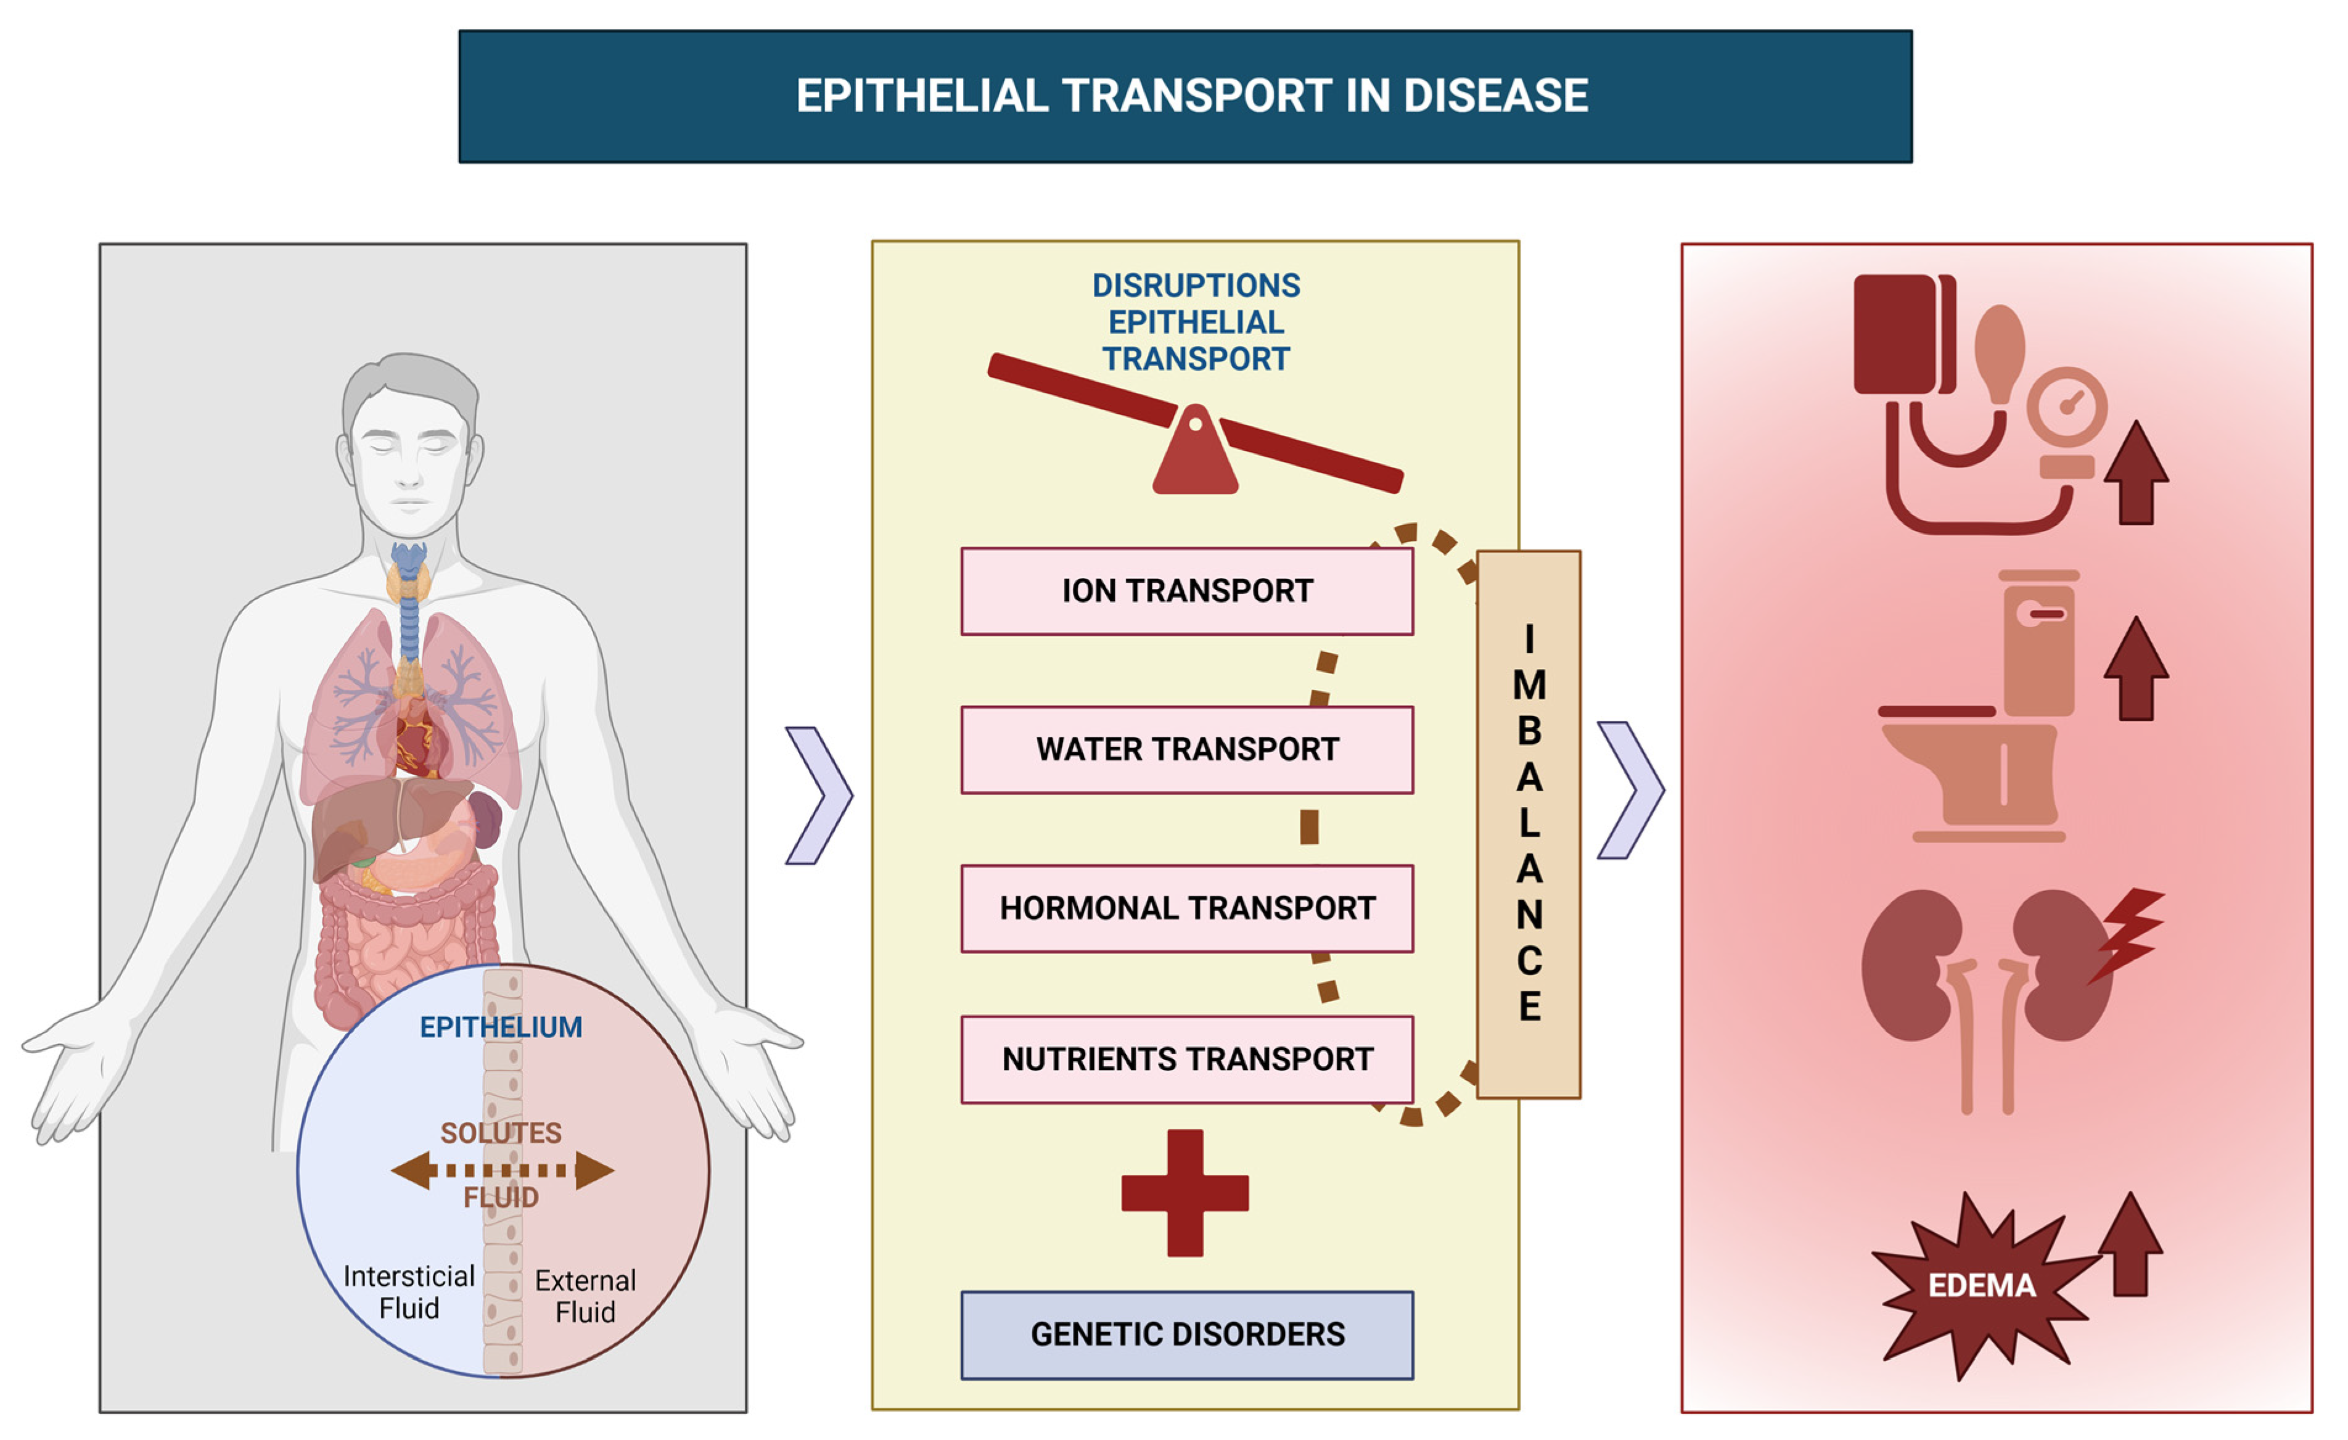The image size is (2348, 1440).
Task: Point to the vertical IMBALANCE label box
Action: [x=1529, y=825]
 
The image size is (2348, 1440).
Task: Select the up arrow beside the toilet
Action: [x=2137, y=669]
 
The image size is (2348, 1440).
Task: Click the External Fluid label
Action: [x=585, y=1296]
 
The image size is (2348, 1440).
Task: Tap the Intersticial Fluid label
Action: [x=409, y=1292]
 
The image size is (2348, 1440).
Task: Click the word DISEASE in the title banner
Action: [x=1495, y=96]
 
